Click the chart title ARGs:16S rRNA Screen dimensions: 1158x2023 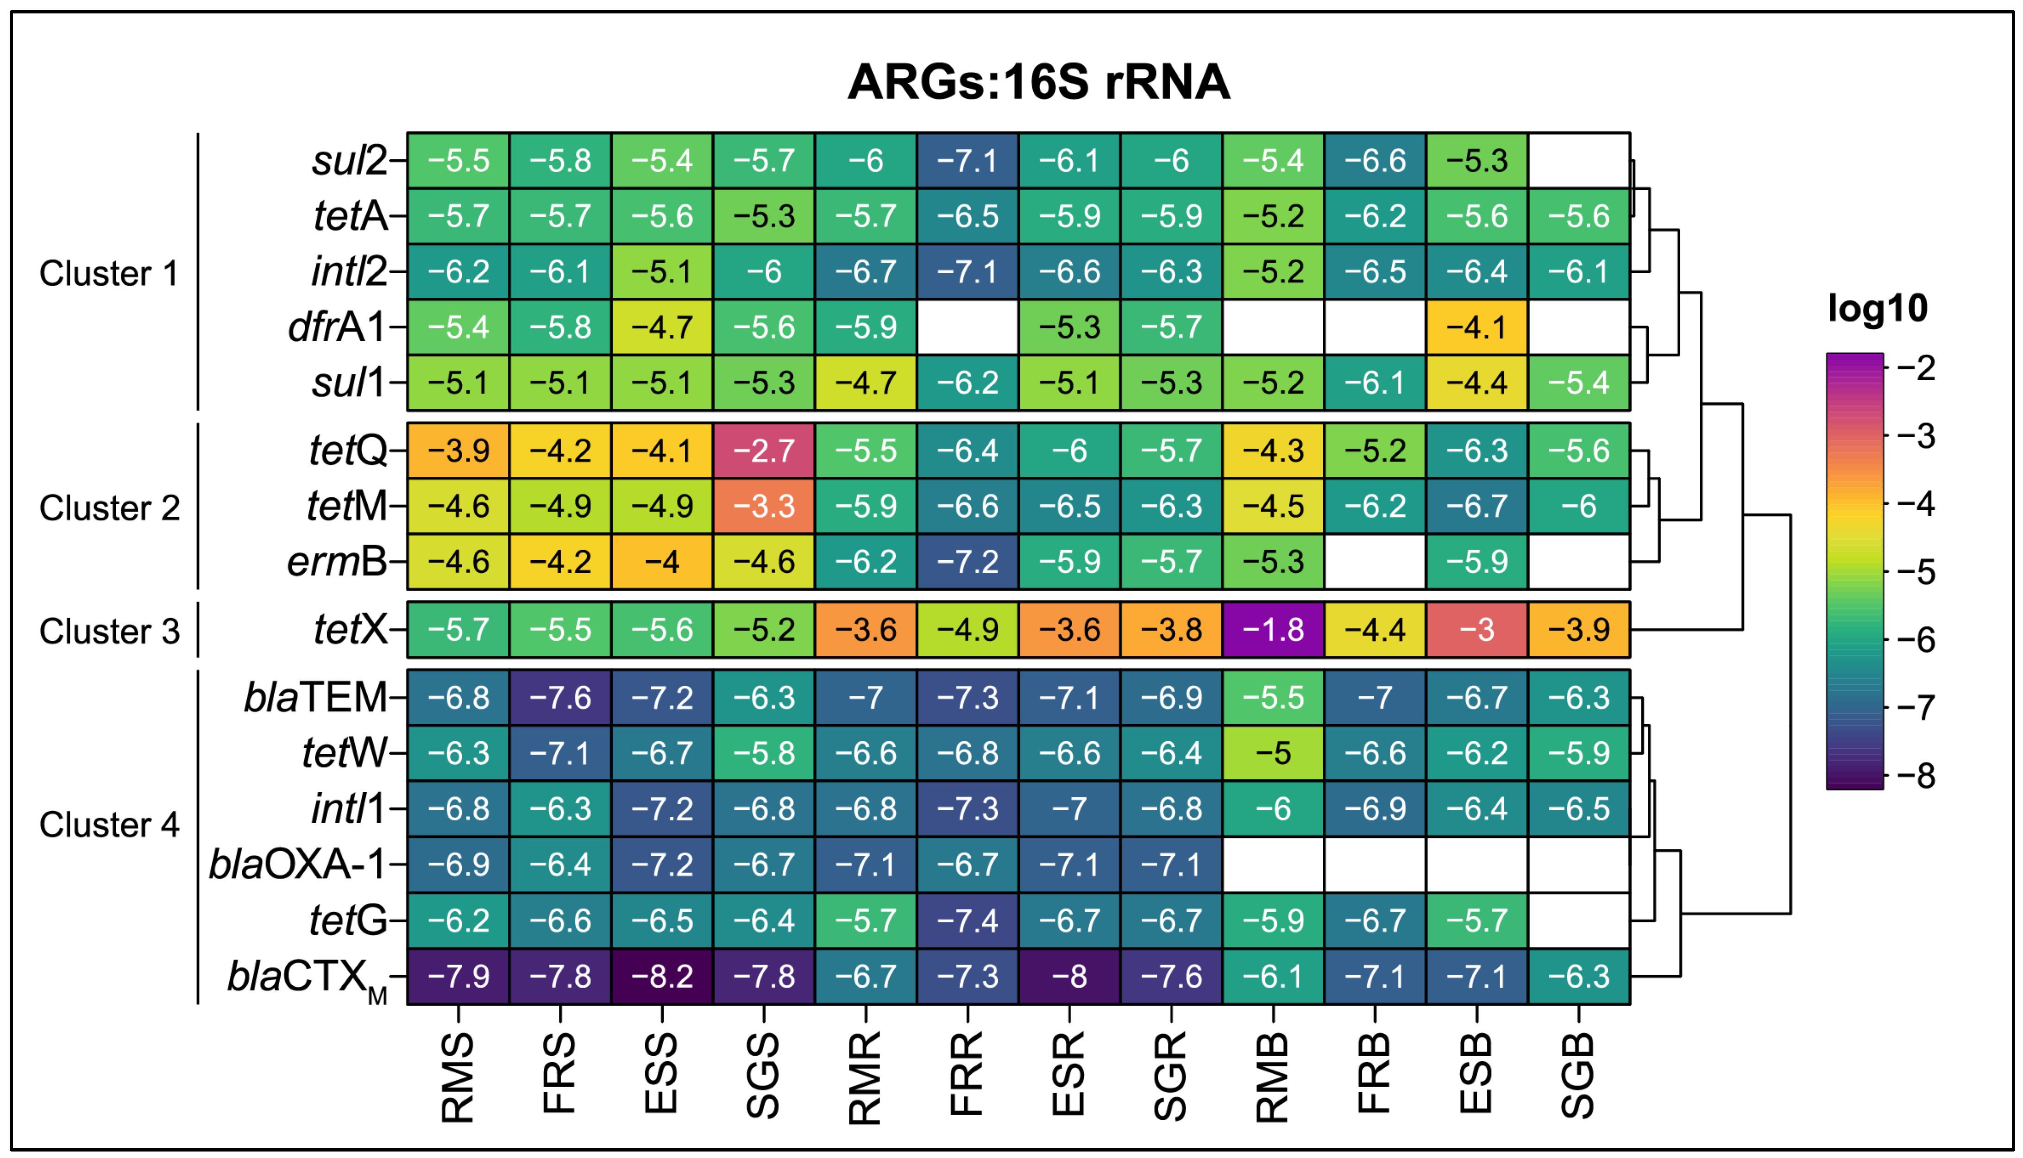[x=1038, y=82]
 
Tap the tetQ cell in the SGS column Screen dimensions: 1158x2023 [x=764, y=451]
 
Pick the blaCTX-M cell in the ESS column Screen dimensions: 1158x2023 [x=662, y=976]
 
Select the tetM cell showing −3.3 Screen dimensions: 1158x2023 [x=764, y=507]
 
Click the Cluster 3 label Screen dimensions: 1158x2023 [x=110, y=632]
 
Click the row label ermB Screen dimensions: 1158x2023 [x=337, y=562]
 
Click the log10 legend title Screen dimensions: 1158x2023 [x=1878, y=308]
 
